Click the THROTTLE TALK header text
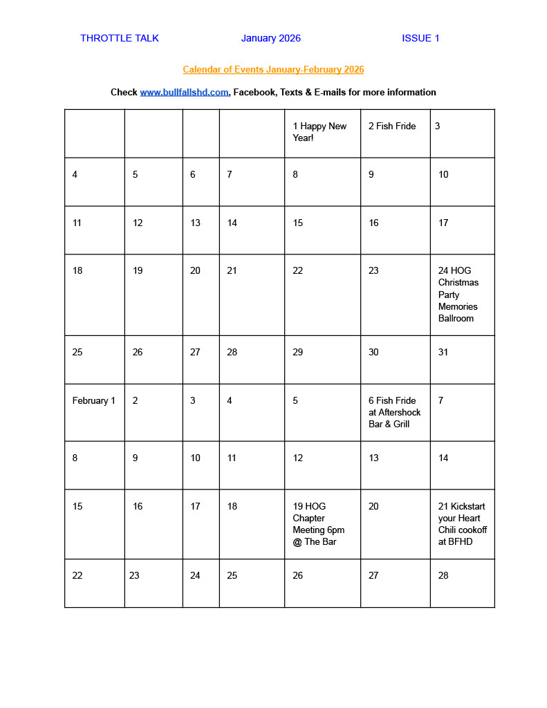(x=119, y=38)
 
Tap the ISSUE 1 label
(x=420, y=38)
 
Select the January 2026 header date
(x=270, y=38)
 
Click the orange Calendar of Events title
(x=273, y=69)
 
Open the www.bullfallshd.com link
(x=184, y=92)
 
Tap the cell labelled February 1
(x=93, y=400)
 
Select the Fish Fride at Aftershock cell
(x=394, y=412)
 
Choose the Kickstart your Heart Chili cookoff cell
(x=462, y=524)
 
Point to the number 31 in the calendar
(x=443, y=352)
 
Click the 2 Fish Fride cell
(x=392, y=126)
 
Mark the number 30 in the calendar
(x=373, y=352)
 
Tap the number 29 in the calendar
(x=297, y=352)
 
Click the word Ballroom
(x=456, y=318)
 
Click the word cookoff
(x=472, y=530)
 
